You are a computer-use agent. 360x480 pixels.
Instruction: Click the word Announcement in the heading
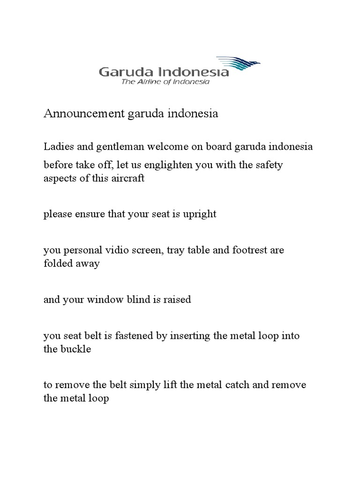[83, 114]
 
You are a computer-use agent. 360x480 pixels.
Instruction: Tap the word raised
[176, 299]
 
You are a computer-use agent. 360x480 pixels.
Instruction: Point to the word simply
[161, 385]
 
